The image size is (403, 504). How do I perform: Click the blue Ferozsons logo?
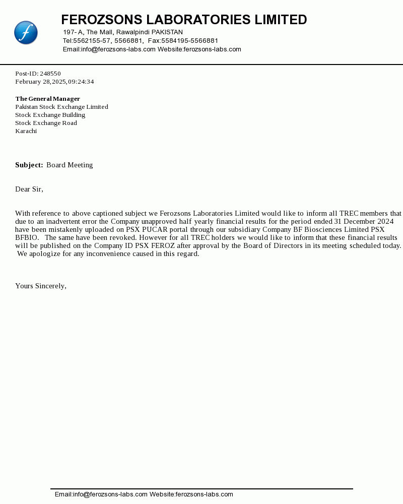[x=26, y=33]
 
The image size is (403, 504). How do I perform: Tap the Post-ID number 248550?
[x=50, y=74]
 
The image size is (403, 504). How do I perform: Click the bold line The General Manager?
[x=47, y=99]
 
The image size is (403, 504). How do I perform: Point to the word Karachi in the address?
[x=26, y=131]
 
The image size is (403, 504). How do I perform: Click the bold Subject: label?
[x=29, y=165]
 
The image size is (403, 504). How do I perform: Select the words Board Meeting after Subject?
[x=70, y=165]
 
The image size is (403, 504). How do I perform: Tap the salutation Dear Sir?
[x=29, y=189]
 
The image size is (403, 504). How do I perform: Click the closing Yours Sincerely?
[x=41, y=286]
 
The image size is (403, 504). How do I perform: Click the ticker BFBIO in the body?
[x=27, y=237]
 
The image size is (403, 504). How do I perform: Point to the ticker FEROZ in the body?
[x=163, y=245]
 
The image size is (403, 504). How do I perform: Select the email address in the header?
[x=118, y=49]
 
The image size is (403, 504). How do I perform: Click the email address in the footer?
[x=110, y=494]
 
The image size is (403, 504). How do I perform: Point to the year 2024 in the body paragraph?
[x=385, y=221]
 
